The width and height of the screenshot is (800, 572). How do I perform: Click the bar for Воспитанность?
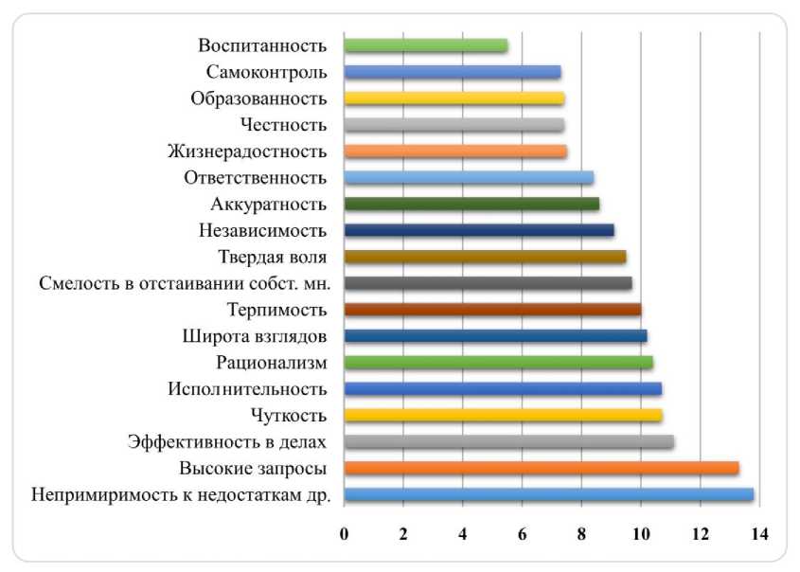(426, 45)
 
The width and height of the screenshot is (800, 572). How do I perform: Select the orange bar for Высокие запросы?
(542, 468)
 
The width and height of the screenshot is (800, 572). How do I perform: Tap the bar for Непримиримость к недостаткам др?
(549, 494)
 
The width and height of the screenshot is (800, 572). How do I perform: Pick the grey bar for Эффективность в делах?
(509, 441)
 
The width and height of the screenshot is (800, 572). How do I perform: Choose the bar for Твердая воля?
(485, 257)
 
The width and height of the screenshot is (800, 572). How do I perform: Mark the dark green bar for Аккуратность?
(471, 204)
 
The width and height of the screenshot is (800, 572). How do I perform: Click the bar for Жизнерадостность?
(455, 152)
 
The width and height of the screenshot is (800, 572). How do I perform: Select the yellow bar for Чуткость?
(503, 415)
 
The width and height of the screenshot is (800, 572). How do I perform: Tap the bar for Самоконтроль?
(453, 72)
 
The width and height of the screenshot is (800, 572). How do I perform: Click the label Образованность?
(258, 98)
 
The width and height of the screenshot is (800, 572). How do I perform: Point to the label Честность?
(284, 125)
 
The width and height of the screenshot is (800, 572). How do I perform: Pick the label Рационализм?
(272, 363)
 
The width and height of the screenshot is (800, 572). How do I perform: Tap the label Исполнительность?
(247, 389)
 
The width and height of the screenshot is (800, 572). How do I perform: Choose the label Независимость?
(263, 230)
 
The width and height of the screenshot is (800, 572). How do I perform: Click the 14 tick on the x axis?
(758, 533)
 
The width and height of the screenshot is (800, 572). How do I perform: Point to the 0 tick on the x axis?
(345, 533)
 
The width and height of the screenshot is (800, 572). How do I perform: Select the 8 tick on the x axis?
(581, 533)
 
